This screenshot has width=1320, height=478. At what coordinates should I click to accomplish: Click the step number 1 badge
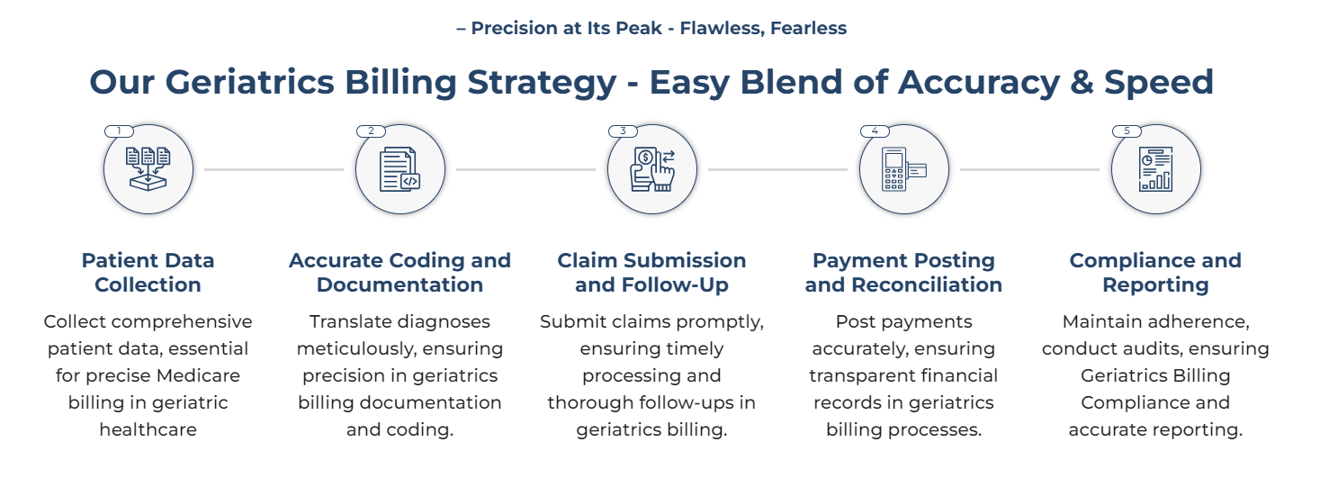(119, 131)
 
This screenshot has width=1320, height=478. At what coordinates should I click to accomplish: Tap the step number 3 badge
(623, 131)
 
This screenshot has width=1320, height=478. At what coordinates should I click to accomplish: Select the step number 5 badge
(1127, 131)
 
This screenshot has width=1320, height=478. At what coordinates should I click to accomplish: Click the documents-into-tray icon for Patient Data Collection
(148, 169)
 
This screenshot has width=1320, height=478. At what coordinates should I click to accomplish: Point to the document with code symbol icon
(400, 170)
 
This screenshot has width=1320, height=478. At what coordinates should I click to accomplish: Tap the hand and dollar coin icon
(652, 170)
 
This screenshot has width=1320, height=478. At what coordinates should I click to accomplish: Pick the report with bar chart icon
(1155, 170)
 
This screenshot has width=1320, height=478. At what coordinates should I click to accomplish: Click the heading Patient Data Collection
(148, 272)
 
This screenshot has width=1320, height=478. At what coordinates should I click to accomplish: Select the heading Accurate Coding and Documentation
(400, 272)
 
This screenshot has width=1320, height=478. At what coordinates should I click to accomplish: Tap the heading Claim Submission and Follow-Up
(651, 272)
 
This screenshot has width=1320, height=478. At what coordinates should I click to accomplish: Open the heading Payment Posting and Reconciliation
(904, 272)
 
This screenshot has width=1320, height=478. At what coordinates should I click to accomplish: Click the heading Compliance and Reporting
(1155, 272)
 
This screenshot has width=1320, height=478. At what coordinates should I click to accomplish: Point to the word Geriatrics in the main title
(250, 82)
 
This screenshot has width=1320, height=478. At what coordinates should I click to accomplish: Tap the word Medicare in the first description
(199, 375)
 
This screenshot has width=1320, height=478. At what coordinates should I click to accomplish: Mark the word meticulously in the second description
(354, 349)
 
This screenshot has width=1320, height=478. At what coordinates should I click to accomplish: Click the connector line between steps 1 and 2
(274, 170)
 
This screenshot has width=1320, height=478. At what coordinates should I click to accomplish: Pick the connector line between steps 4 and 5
(1030, 170)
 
